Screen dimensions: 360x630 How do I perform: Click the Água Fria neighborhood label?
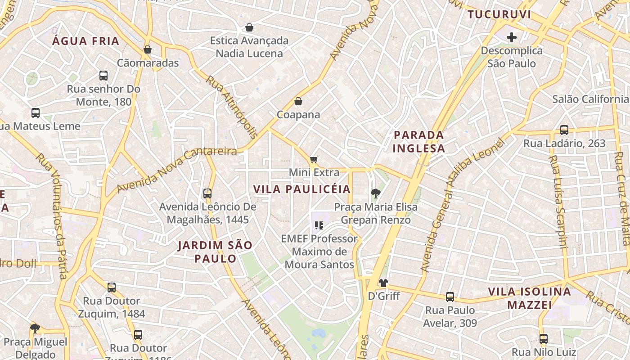85,41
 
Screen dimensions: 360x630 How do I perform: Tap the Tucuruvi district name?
499,14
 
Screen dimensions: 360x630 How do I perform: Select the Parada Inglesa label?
418,141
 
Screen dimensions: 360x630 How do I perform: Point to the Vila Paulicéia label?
301,189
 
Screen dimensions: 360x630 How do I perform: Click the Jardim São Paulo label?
215,252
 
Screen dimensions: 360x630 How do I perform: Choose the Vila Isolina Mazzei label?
530,298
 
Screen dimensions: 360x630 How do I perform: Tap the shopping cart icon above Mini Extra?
314,159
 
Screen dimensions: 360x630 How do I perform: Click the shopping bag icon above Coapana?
298,101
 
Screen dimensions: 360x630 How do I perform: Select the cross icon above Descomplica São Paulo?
511,37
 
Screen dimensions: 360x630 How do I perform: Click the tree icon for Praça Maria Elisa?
375,194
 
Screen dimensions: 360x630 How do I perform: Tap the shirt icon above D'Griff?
383,283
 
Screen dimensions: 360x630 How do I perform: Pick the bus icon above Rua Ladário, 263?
564,130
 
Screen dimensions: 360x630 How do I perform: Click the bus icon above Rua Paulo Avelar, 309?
450,297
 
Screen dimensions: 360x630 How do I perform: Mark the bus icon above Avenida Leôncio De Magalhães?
207,193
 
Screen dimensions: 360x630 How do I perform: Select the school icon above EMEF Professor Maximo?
319,225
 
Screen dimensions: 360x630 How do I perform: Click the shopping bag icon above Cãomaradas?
147,49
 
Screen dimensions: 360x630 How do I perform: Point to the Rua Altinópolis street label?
232,107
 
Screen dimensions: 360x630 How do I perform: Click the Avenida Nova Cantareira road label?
176,170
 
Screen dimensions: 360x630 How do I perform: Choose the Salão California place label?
590,99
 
